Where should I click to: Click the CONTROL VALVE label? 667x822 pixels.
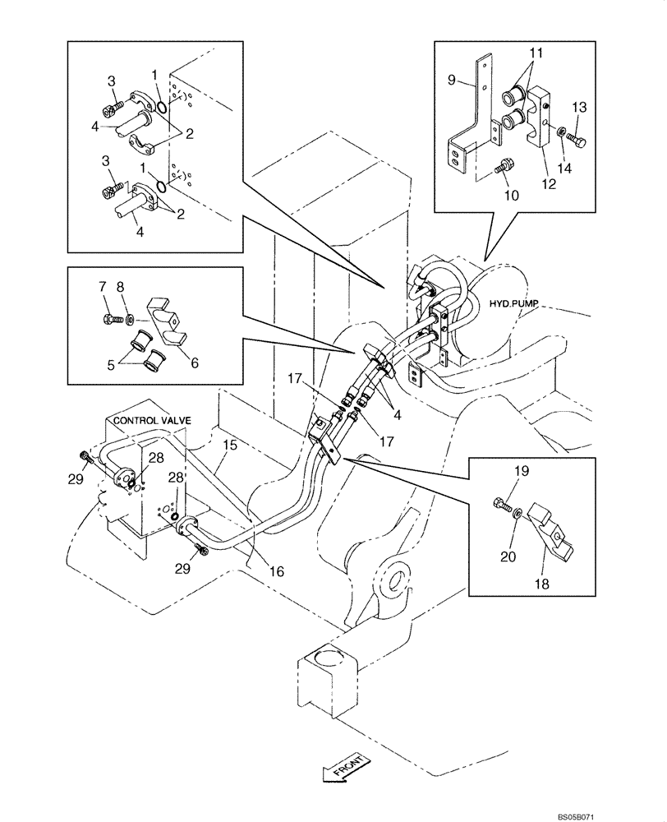coord(152,420)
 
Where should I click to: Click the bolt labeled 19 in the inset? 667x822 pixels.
coord(501,502)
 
